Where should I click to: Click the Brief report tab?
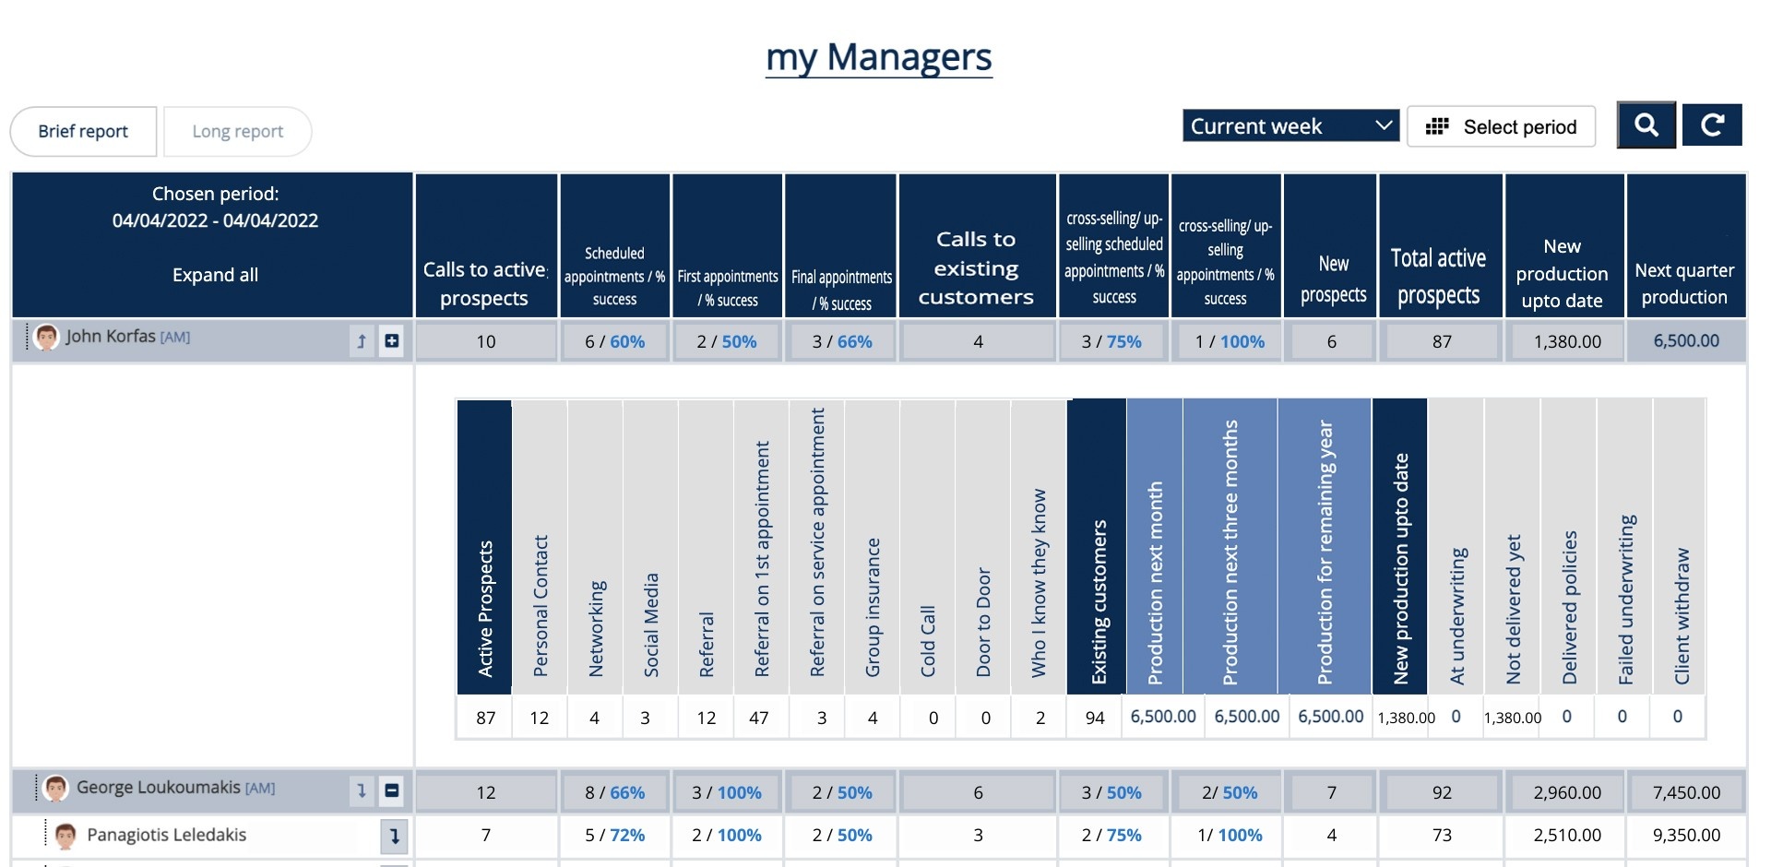coord(83,131)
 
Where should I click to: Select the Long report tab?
coord(237,131)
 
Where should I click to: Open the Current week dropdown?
coord(1290,126)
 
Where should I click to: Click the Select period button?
coord(1501,126)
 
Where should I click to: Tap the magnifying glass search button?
coord(1646,125)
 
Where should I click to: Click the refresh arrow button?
coord(1712,125)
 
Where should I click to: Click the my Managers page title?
coord(878,57)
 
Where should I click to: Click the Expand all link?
coord(215,275)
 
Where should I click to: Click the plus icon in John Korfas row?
coord(392,340)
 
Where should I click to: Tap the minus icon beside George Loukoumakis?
coord(392,790)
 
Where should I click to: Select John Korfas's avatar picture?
coord(46,338)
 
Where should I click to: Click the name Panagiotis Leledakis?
coord(166,835)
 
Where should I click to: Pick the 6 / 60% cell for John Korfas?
coord(614,341)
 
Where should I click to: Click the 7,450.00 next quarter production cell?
coord(1686,792)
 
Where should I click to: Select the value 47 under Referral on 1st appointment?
coord(758,718)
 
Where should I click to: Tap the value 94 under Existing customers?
coord(1095,718)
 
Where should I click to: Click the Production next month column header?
coord(1155,581)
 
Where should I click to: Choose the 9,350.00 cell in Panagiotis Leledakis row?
coord(1686,835)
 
